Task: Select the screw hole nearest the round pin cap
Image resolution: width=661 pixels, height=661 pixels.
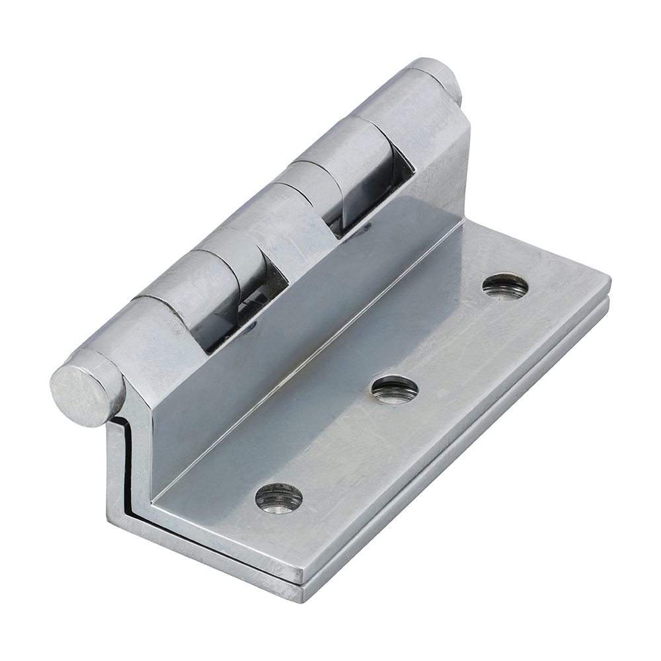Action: click(x=278, y=498)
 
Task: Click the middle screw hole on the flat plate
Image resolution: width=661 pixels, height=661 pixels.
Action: click(x=395, y=390)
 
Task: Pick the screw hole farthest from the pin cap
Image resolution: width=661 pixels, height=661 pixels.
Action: click(x=505, y=286)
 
